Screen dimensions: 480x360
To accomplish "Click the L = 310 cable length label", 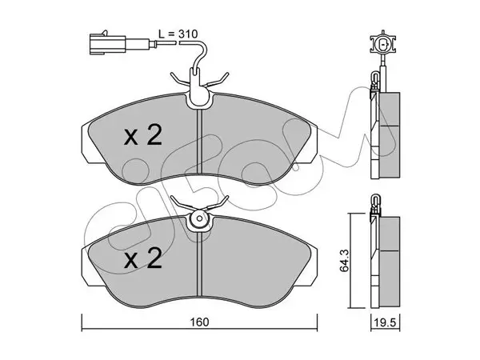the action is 178,34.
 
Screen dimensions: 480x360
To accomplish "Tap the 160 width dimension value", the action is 199,322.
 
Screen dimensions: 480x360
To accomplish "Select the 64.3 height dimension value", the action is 344,261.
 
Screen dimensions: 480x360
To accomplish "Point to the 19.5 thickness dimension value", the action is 385,322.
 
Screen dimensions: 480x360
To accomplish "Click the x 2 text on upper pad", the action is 143,136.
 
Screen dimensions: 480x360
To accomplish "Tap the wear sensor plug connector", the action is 107,44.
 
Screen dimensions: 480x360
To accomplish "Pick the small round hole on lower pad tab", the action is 199,218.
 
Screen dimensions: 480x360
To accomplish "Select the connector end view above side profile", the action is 382,44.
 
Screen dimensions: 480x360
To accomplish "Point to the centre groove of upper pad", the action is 199,142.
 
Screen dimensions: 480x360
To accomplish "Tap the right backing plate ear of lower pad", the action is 314,266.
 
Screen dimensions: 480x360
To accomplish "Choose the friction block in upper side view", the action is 390,134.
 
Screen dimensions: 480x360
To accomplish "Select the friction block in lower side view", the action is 390,262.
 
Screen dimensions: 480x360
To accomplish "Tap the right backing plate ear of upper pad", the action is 314,144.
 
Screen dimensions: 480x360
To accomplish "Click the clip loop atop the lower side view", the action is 375,202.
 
